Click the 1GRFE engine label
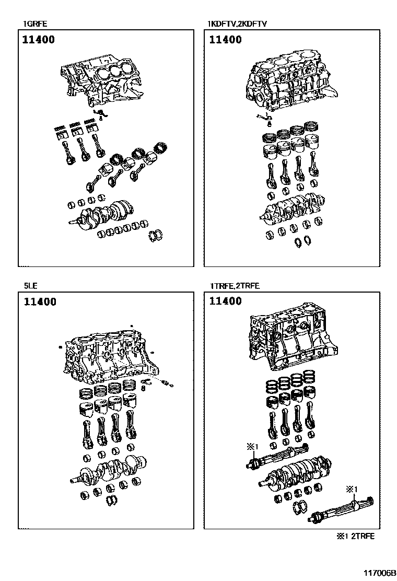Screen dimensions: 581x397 point(33,24)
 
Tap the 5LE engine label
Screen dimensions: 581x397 point(30,286)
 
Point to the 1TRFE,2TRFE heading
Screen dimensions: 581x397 point(235,286)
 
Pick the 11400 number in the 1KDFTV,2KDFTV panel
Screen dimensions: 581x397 point(225,40)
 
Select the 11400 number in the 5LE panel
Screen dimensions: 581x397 point(39,302)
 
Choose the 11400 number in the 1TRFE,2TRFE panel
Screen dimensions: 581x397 point(225,301)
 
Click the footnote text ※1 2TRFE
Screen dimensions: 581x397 point(355,536)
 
